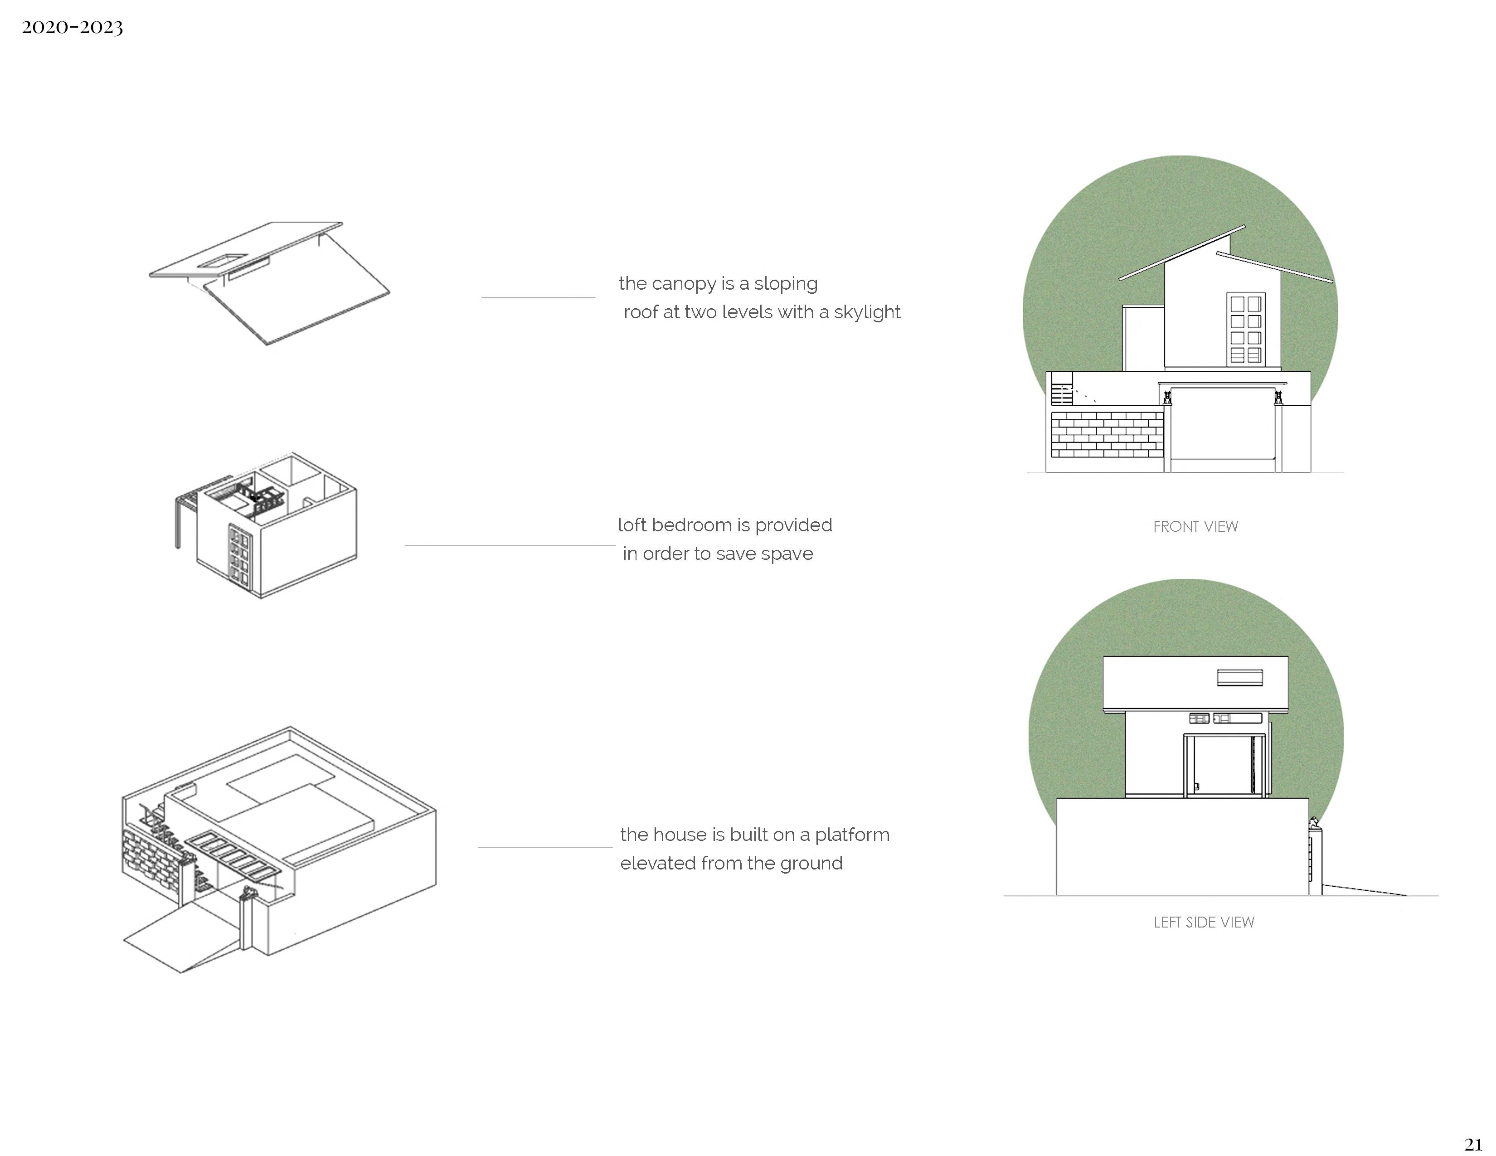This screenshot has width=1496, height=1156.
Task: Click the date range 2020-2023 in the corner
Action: coord(72,27)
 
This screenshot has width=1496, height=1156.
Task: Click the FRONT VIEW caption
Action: coord(1195,527)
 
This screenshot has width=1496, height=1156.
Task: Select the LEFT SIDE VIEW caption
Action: coord(1204,923)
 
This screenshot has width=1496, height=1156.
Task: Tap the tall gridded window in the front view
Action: coord(1246,328)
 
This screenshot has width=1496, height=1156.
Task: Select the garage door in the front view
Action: coord(1222,425)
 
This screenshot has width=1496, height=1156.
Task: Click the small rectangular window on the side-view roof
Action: coord(1239,677)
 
